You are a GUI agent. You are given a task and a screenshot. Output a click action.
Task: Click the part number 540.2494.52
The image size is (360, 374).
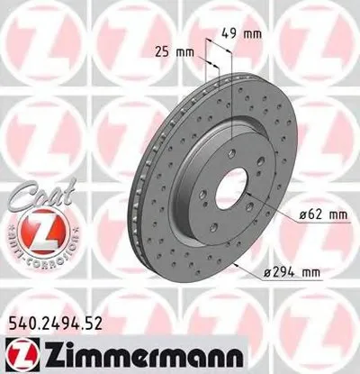coord(60,318)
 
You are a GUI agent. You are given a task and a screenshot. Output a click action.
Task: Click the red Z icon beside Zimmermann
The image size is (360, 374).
coord(20,350)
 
